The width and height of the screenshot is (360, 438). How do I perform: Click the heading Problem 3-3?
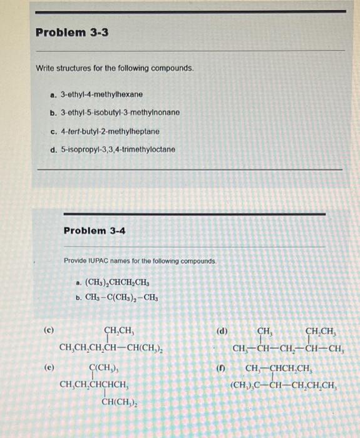click(72, 32)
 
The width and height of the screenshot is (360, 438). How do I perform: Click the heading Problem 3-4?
click(95, 231)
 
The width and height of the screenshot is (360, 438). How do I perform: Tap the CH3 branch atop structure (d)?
click(265, 331)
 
